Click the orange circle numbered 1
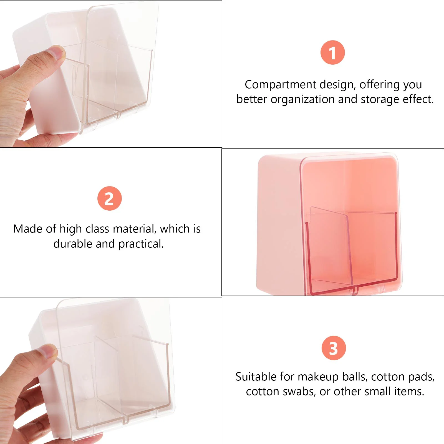point(332,52)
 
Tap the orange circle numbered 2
point(110,198)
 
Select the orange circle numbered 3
point(334,348)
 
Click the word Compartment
point(281,85)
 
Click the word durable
point(73,244)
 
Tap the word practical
point(141,244)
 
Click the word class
point(97,229)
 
